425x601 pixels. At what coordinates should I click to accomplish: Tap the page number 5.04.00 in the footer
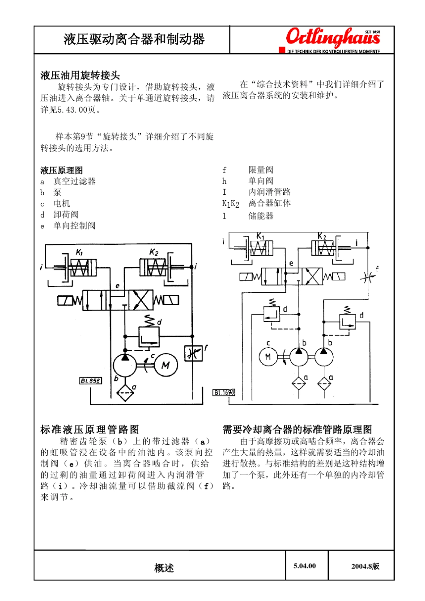click(x=305, y=566)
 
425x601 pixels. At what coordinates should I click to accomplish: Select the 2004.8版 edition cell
click(x=365, y=566)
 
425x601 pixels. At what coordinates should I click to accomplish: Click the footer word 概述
click(x=164, y=568)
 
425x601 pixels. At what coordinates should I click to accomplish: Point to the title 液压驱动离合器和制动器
click(x=134, y=39)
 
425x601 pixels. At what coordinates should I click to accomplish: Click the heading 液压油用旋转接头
click(x=80, y=75)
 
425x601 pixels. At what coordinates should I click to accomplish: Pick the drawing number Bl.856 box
click(x=90, y=381)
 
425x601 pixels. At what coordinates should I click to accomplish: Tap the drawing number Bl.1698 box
click(x=224, y=392)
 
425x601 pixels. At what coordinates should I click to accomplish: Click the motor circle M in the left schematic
click(x=166, y=365)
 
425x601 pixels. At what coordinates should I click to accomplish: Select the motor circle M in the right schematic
click(x=268, y=357)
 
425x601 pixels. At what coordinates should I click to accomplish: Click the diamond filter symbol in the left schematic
click(x=125, y=393)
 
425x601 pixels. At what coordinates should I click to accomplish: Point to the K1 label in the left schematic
click(x=79, y=252)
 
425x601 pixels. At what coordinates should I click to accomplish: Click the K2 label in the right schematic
click(x=322, y=236)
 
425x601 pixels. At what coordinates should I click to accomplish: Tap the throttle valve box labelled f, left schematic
click(x=193, y=353)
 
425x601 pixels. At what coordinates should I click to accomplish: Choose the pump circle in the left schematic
click(x=125, y=365)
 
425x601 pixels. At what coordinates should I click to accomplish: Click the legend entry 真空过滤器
click(x=74, y=181)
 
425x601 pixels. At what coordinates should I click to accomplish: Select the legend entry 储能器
click(x=261, y=216)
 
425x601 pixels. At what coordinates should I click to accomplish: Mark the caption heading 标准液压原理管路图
click(x=89, y=429)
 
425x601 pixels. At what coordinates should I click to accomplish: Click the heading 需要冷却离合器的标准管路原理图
click(x=297, y=429)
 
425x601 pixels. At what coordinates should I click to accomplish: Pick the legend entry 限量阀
click(x=261, y=170)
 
